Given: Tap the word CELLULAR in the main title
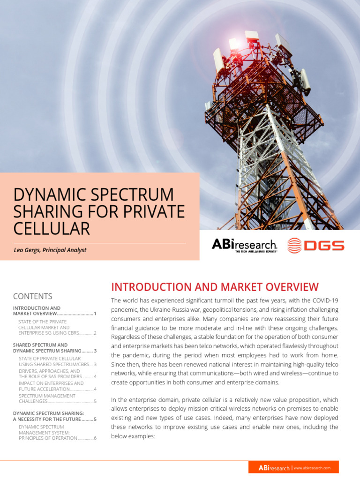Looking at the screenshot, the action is (52, 228).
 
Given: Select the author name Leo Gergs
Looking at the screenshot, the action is (27, 250).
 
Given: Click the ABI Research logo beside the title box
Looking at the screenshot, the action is (245, 245).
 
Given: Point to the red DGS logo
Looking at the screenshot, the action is (315, 246).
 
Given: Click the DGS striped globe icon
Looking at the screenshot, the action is (294, 246).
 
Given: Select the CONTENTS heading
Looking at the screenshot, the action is (33, 296).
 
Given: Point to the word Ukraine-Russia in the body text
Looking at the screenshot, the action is (168, 310).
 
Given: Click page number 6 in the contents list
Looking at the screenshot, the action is (95, 438).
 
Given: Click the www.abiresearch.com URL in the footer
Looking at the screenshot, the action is (312, 468).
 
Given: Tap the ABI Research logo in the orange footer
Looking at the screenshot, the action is (274, 468).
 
